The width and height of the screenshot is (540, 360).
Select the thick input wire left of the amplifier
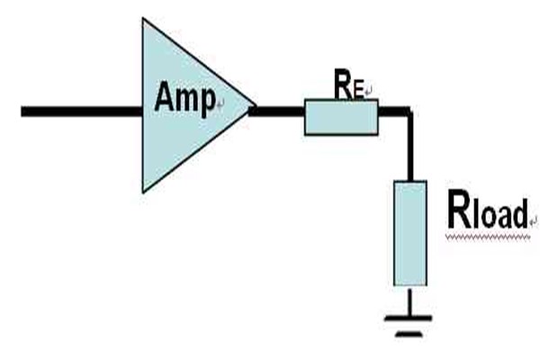tap(81, 112)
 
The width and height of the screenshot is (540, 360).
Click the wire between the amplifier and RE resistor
tap(277, 112)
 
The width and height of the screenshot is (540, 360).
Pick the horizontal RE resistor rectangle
tap(340, 118)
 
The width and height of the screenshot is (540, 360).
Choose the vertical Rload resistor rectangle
tap(409, 232)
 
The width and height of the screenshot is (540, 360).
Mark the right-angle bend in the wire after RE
tap(409, 112)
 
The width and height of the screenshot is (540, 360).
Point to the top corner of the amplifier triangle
tap(143, 20)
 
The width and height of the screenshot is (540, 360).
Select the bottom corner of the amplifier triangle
tap(143, 190)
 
